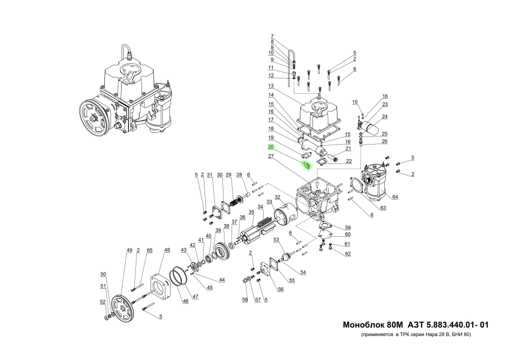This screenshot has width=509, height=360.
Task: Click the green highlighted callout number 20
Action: click(271, 147)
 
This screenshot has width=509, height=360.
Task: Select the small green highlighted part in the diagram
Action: click(306, 165)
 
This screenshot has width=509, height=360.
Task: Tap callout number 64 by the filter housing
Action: click(395, 197)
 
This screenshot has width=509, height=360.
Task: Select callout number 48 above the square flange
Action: click(167, 250)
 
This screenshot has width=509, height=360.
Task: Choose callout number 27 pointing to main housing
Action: click(271, 158)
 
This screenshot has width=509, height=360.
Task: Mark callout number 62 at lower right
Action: click(348, 254)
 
